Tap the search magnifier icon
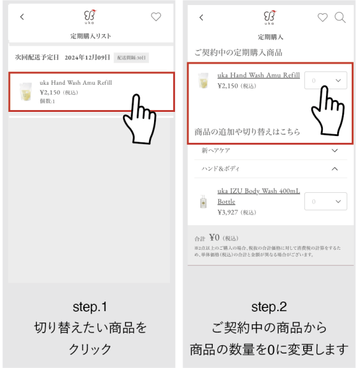[x=340, y=18]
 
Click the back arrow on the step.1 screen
[x=22, y=17]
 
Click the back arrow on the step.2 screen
[x=201, y=18]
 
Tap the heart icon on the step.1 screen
[x=156, y=17]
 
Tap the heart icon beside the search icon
[x=323, y=18]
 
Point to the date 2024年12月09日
[x=87, y=58]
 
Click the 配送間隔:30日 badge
[x=131, y=58]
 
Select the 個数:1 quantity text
[x=47, y=101]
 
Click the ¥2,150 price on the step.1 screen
[x=52, y=92]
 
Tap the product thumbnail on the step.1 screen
[x=26, y=92]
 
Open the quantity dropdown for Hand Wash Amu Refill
[x=326, y=80]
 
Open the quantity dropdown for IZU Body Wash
[x=326, y=202]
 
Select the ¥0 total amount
[x=214, y=238]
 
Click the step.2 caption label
[x=269, y=307]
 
